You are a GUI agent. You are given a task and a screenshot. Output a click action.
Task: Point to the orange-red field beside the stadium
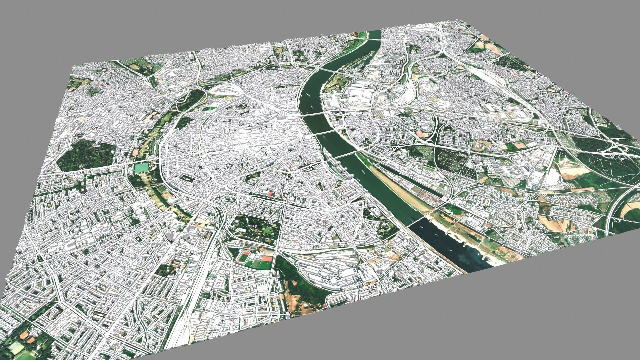[x=267, y=258]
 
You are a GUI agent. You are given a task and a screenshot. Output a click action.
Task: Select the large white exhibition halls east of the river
[x=358, y=94]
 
